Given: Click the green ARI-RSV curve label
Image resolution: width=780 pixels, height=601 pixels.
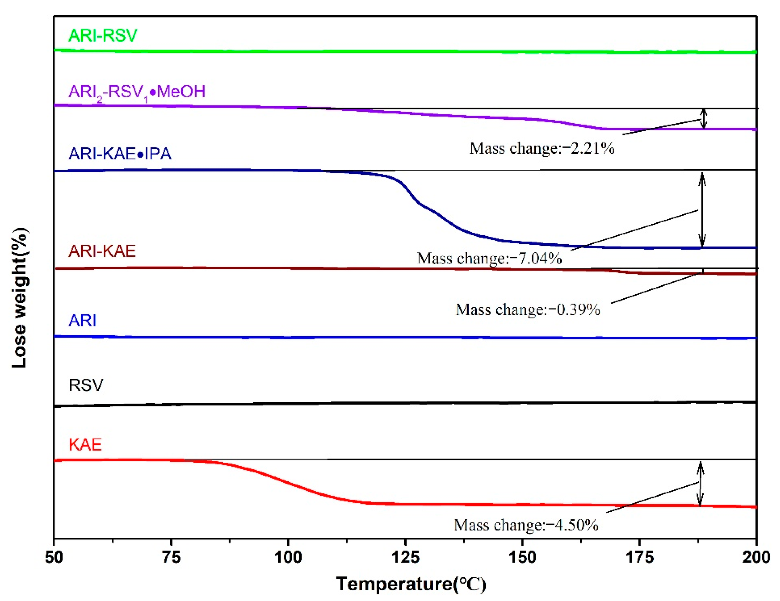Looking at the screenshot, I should [103, 35].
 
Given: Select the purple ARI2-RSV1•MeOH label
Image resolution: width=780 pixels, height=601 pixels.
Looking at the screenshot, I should [137, 92].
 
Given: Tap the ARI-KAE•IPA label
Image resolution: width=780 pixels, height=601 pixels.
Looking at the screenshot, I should [120, 153].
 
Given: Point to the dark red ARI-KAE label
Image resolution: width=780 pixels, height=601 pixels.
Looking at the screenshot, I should [102, 251].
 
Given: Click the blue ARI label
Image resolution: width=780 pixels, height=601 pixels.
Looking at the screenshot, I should [82, 320].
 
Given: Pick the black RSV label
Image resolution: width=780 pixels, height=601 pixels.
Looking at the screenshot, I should [86, 385].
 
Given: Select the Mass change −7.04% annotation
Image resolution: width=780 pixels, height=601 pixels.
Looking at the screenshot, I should [489, 258].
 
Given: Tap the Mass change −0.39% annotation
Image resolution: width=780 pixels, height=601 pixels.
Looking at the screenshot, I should [528, 310].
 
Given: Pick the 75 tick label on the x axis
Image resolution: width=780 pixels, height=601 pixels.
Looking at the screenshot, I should [171, 557].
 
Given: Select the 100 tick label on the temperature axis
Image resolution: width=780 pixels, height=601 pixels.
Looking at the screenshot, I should [288, 557].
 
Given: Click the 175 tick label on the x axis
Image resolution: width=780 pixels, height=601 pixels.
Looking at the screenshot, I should [639, 557].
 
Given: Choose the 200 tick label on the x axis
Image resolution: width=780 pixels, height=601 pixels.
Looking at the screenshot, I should [756, 557].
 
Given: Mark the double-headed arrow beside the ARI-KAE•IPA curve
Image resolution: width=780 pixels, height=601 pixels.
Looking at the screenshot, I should [702, 210].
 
